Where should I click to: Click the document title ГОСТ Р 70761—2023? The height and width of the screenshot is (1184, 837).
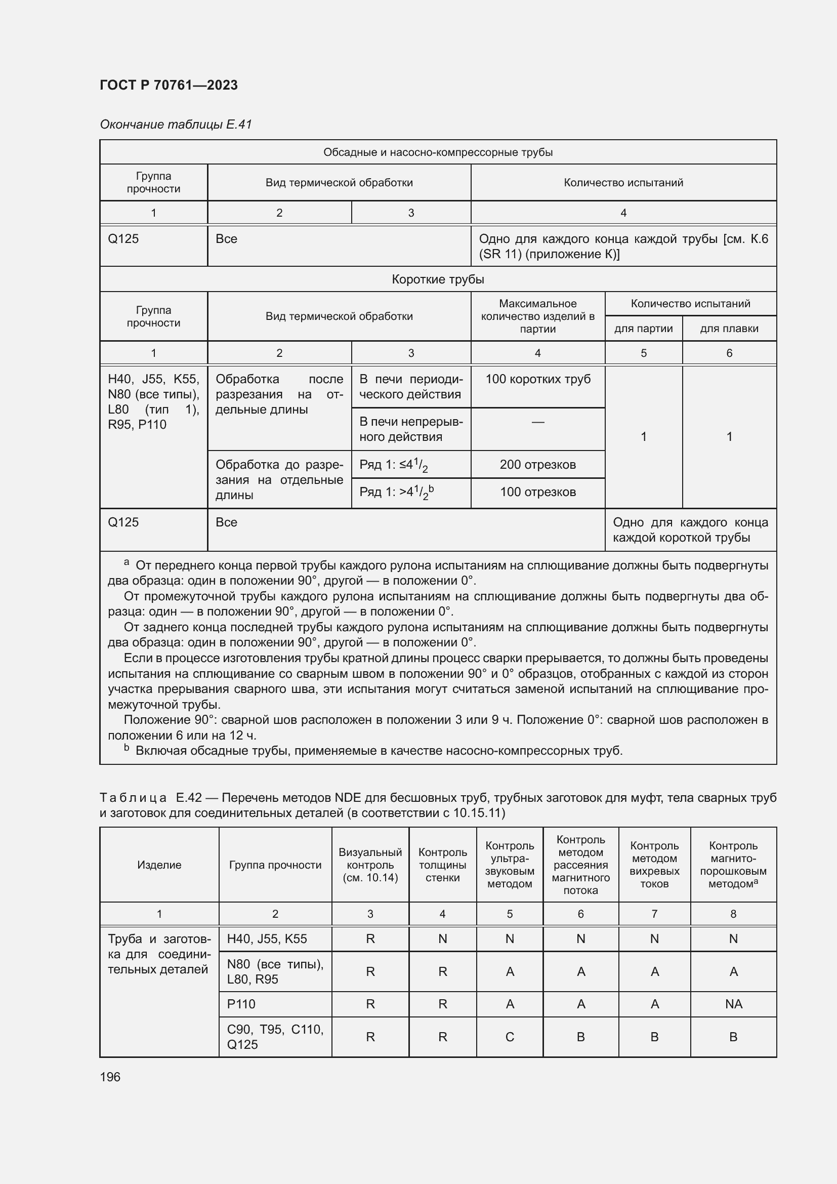point(169,85)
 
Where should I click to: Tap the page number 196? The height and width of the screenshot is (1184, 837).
point(110,1077)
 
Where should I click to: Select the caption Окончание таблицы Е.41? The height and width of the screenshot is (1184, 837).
point(175,125)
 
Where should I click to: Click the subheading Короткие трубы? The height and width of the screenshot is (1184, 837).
point(438,279)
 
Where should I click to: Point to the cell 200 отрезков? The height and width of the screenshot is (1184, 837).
point(537,464)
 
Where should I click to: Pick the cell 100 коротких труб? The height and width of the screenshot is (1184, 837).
point(537,379)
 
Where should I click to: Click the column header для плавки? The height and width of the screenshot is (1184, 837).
point(729,329)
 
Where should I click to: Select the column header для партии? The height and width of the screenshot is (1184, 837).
point(643,329)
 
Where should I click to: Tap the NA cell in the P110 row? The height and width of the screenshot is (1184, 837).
point(733,1003)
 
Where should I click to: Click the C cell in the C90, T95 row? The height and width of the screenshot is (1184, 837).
point(509,1037)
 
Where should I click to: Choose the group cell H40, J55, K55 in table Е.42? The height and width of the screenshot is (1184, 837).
point(267,938)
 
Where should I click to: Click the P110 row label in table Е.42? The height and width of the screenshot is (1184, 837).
point(241,1003)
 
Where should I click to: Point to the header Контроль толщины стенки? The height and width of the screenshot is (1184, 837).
point(442,865)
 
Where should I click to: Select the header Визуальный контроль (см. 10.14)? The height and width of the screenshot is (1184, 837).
point(370,865)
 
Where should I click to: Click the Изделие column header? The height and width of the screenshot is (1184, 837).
point(159,865)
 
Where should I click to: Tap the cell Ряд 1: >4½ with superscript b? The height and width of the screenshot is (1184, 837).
point(396,493)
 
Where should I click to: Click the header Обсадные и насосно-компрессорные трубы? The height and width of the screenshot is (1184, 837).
point(438,152)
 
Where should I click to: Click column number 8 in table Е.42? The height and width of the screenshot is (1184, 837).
point(733,914)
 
